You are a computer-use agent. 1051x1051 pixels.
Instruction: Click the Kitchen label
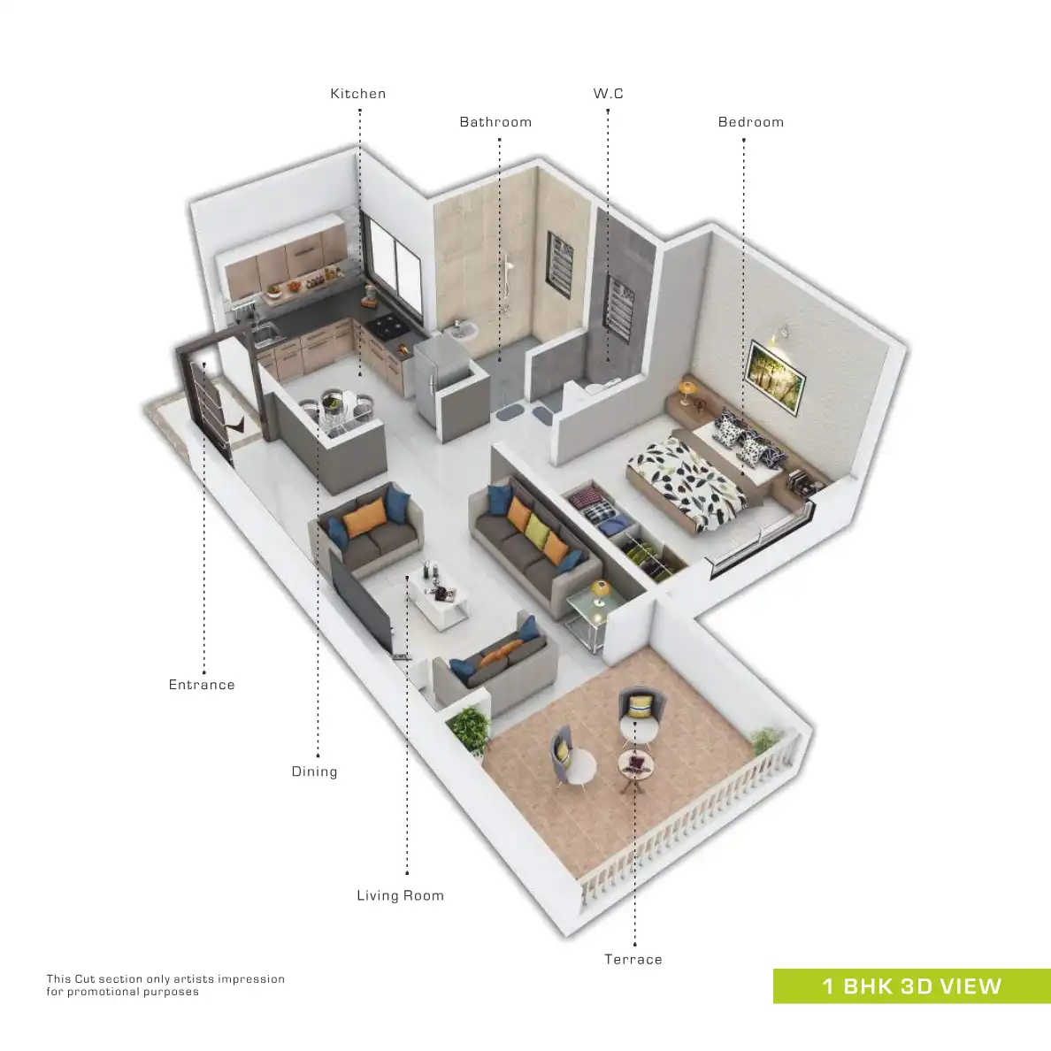tap(357, 94)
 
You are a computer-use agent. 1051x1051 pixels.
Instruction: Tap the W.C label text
tap(608, 94)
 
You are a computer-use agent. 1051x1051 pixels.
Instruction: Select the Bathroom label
tap(495, 122)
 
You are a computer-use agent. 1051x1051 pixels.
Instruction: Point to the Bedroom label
tap(750, 122)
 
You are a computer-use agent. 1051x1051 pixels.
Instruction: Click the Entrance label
tap(202, 685)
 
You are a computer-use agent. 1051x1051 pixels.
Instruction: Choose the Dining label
tap(314, 771)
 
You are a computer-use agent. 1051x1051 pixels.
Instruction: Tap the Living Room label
tap(400, 895)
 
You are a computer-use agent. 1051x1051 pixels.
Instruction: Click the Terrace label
tap(633, 959)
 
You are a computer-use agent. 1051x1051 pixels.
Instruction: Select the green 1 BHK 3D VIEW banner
tap(911, 986)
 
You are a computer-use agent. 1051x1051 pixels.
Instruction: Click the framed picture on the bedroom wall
tap(776, 378)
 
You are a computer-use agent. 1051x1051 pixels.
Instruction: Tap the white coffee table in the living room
tap(440, 600)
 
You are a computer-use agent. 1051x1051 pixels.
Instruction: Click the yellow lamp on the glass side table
tap(601, 589)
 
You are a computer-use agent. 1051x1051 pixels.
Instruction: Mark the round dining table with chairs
tap(339, 409)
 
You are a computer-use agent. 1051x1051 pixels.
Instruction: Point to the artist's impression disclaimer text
tap(165, 985)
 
